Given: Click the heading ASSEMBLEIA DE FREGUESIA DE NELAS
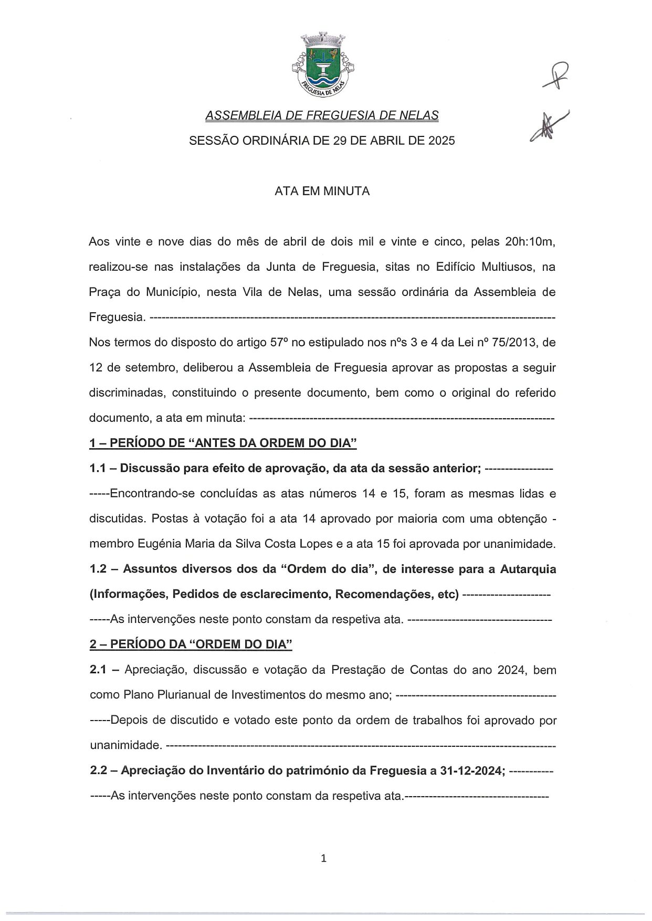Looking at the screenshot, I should (x=322, y=115).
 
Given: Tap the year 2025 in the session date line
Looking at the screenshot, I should (x=443, y=141).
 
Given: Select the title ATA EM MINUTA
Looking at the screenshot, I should (x=322, y=192).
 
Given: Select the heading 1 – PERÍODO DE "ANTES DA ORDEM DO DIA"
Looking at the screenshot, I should (x=223, y=443).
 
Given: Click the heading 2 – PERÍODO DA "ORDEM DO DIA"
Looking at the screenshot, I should (x=191, y=644).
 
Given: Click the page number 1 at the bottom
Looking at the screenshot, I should (x=323, y=859).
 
